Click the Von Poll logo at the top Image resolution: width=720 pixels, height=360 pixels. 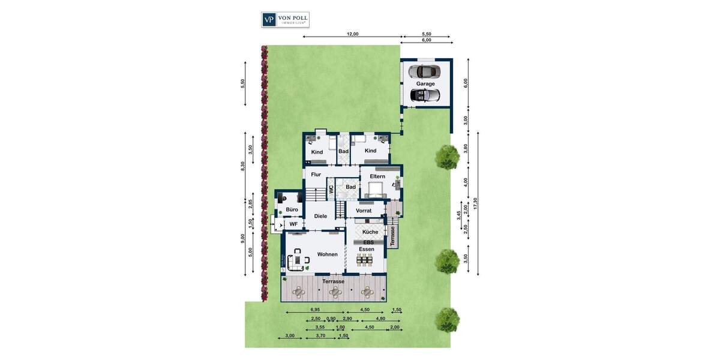(285, 19)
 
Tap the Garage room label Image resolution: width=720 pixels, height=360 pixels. (425, 83)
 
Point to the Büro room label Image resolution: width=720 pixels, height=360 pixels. (292, 209)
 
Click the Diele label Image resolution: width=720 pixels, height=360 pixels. (320, 216)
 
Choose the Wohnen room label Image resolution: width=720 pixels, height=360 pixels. (327, 254)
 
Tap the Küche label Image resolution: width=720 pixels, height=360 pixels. (370, 232)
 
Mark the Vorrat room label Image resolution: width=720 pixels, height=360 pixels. (364, 211)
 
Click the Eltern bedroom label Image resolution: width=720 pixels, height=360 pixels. (377, 176)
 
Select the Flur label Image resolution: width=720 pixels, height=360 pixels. (316, 175)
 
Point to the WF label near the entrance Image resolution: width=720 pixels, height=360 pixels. (293, 224)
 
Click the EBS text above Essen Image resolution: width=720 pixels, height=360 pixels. (368, 242)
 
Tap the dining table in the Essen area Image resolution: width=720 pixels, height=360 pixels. (365, 260)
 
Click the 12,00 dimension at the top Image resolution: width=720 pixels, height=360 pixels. (352, 34)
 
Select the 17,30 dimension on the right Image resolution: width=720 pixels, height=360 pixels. (475, 203)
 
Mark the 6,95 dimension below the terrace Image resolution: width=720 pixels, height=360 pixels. (315, 310)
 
